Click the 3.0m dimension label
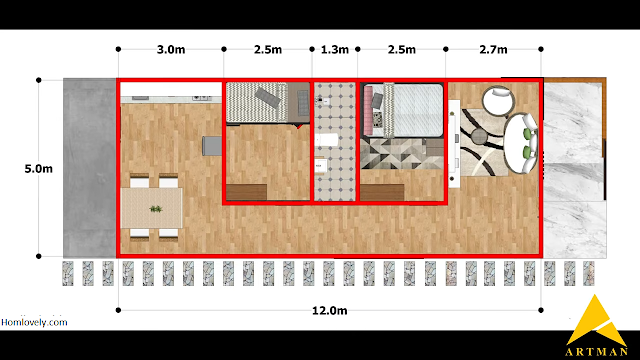click(171, 49)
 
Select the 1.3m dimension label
click(335, 49)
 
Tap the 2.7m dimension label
click(493, 49)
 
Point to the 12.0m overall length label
click(329, 311)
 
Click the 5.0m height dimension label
click(38, 169)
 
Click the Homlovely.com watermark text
click(34, 322)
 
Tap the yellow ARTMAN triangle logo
click(596, 320)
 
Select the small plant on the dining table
click(156, 209)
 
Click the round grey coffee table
click(479, 137)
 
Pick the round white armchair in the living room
click(498, 101)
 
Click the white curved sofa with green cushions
click(520, 143)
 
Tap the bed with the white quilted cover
click(413, 110)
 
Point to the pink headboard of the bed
click(368, 110)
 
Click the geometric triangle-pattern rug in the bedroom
click(402, 153)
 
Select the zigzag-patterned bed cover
click(257, 102)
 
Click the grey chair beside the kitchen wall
click(212, 146)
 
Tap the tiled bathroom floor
click(335, 142)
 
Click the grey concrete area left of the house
click(89, 168)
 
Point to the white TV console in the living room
click(454, 144)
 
